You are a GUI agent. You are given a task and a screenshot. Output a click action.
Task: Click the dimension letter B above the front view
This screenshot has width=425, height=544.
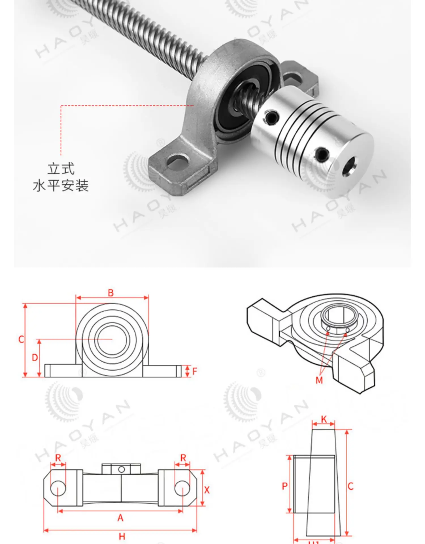[111, 293]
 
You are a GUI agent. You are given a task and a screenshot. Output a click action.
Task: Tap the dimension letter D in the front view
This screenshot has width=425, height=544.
[35, 358]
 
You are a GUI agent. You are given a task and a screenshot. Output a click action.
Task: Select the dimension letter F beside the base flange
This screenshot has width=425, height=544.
[194, 371]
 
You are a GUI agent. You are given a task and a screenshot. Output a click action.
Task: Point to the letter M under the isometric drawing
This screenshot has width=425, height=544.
[319, 380]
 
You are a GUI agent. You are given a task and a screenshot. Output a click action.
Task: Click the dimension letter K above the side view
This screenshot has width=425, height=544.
[324, 419]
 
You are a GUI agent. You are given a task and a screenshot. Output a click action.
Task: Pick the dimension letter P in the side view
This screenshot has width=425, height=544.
[285, 486]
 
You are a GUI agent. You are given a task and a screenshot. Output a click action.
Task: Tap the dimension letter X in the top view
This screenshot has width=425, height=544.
[207, 490]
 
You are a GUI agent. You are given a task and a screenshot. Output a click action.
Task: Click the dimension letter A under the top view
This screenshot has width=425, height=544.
[120, 518]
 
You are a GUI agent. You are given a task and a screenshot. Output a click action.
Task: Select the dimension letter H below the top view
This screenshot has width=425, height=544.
[122, 536]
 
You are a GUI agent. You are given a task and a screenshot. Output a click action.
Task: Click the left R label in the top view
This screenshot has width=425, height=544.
[58, 458]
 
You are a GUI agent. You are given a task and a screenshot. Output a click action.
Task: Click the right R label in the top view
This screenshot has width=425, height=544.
[183, 458]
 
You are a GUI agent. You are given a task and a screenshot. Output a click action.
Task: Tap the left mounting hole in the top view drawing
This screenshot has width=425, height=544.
[58, 488]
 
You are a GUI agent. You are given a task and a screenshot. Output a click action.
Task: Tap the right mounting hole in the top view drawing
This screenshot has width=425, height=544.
[182, 488]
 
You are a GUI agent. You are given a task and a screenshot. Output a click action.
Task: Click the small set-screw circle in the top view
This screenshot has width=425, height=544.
[122, 469]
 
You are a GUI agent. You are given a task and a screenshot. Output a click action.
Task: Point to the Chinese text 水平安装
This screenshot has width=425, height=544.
[61, 186]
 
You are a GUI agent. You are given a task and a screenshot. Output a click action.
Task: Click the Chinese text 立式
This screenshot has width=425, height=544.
[61, 169]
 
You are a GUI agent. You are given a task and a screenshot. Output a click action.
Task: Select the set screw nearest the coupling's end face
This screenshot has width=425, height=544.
[322, 154]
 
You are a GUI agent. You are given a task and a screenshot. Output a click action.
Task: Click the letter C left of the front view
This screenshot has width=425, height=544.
[21, 339]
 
